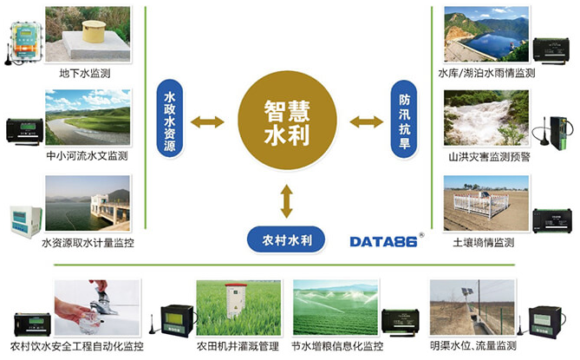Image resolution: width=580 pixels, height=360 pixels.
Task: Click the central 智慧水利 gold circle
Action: point(287,121)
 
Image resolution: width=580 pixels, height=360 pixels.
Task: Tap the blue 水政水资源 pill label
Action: point(170,118)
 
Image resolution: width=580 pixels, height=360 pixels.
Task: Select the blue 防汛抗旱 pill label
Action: point(404,119)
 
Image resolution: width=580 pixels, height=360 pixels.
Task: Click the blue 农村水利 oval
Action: point(286,239)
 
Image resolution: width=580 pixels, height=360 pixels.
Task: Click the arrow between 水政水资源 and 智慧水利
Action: point(207,122)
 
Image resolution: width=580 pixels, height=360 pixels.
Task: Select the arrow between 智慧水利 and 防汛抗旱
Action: point(366,121)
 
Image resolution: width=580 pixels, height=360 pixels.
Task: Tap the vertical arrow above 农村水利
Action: point(287,201)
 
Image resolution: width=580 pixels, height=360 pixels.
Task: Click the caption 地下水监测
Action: point(85,73)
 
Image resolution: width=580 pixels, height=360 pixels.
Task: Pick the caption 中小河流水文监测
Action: point(87,156)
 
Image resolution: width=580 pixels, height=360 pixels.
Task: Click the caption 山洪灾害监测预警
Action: point(489,157)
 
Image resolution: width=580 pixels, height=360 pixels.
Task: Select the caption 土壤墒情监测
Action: point(484,243)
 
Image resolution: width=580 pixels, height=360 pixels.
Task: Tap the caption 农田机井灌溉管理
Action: point(238,346)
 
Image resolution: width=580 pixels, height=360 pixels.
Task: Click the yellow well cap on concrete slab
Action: point(94,31)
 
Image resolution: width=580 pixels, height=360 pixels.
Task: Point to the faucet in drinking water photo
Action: point(101,299)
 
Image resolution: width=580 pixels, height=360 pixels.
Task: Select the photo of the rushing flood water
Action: point(486,118)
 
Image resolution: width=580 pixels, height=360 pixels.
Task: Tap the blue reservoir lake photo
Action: point(486,34)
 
